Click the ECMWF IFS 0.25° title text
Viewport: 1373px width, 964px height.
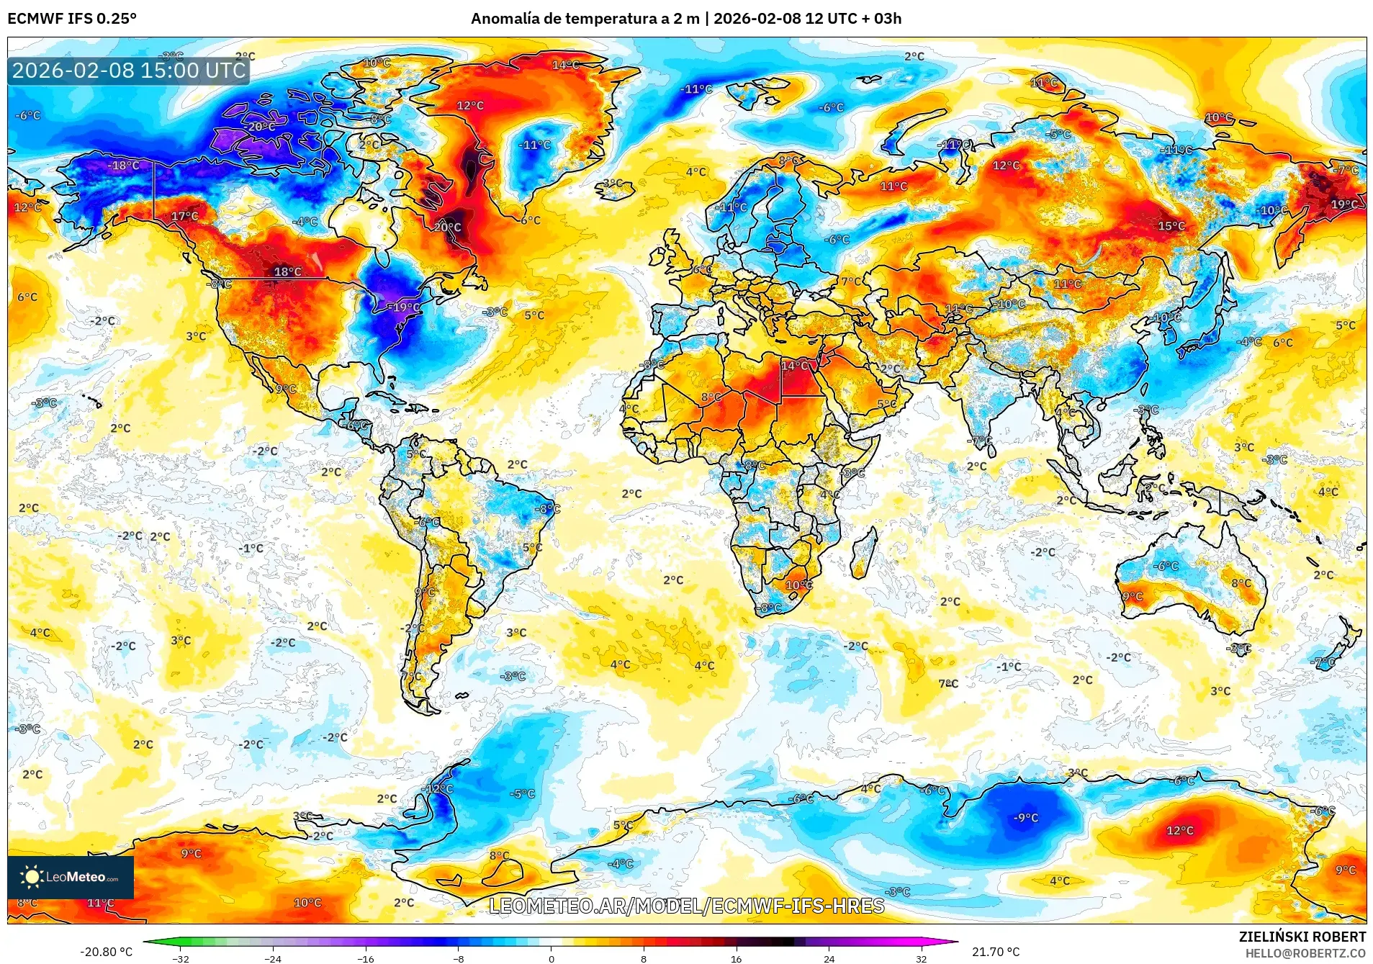[72, 19]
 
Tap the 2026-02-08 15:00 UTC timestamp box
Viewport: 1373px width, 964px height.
[129, 71]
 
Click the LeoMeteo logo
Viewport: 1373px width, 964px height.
[71, 877]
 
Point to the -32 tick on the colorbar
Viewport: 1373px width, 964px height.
[181, 958]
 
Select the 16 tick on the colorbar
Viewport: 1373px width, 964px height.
[736, 958]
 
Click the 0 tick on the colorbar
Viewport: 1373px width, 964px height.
[551, 958]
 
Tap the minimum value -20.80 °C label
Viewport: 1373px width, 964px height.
[106, 952]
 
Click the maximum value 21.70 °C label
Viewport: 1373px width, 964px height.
[995, 952]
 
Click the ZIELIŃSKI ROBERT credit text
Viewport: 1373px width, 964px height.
[1302, 937]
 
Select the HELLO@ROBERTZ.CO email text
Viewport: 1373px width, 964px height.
[1305, 953]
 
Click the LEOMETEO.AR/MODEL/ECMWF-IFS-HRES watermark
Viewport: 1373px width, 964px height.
[686, 906]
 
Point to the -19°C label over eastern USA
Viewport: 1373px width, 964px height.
[404, 307]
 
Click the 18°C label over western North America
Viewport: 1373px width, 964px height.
[287, 271]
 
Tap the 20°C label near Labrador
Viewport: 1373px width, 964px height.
[447, 227]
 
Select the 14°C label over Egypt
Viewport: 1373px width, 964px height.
[794, 366]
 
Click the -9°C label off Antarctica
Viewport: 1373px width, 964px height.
[1026, 818]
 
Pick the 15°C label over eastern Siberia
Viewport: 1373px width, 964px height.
[1171, 226]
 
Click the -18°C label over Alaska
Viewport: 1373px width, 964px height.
[123, 166]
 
